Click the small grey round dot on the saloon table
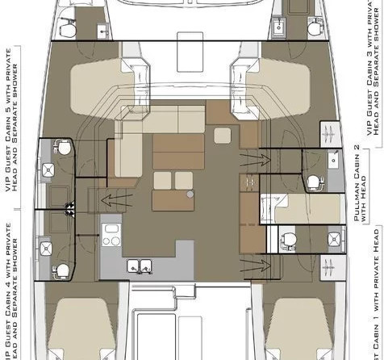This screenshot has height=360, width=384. coord(190,195)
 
